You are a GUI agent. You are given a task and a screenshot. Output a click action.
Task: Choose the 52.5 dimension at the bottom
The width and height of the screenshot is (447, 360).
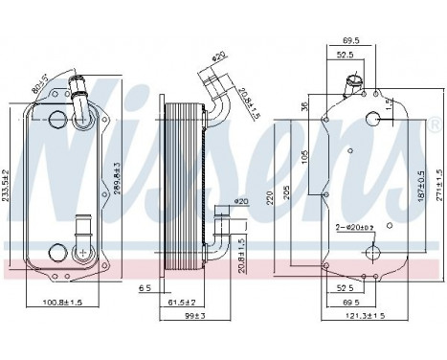(x=344, y=287)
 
